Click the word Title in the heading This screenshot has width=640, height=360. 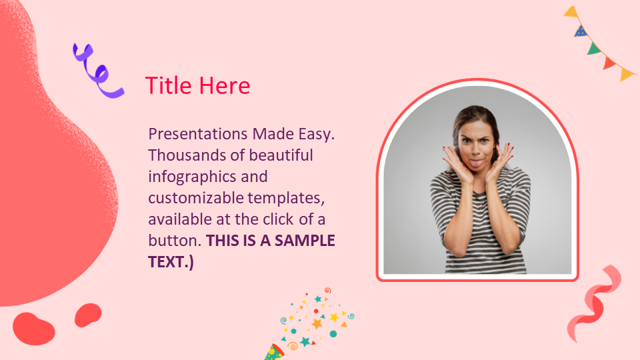pos(168,85)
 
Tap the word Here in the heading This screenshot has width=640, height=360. pos(225,86)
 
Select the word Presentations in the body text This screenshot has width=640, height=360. pos(198,134)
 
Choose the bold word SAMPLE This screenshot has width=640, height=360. pos(305,241)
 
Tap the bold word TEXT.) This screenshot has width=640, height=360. pos(171,262)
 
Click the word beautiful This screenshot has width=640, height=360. pos(281,155)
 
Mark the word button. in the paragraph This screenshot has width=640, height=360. pos(175,241)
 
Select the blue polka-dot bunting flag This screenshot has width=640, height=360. pos(581,31)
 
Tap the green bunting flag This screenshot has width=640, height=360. pos(594,48)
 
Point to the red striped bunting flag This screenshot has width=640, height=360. pos(609,63)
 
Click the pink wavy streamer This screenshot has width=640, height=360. pos(594,303)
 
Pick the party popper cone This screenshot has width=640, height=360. pos(274,352)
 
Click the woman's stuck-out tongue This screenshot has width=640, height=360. pos(476,164)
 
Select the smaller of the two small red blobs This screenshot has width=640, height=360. pos(88,315)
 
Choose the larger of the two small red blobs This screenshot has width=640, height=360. pos(33,329)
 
